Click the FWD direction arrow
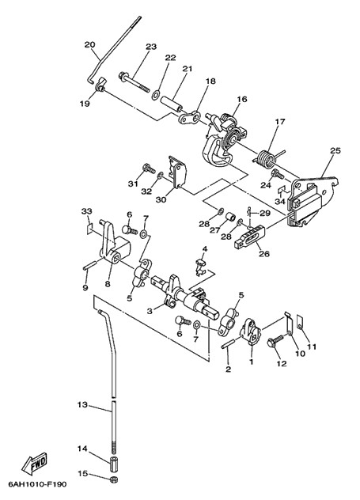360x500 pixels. pos(35,463)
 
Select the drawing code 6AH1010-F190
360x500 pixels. pos(38,485)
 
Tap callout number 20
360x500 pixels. pos(90,44)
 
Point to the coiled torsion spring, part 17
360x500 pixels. pos(265,158)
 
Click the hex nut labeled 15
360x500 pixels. pos(113,479)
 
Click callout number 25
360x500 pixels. pos(335,150)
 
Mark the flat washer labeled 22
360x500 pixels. pos(156,95)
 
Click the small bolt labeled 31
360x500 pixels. pos(148,168)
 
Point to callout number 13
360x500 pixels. pos(82,404)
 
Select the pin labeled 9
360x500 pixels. pos(89,266)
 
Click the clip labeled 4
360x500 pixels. pos(199,267)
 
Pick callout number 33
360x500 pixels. pos(86,211)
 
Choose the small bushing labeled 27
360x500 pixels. pos(230,218)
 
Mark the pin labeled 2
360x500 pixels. pos(229,343)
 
